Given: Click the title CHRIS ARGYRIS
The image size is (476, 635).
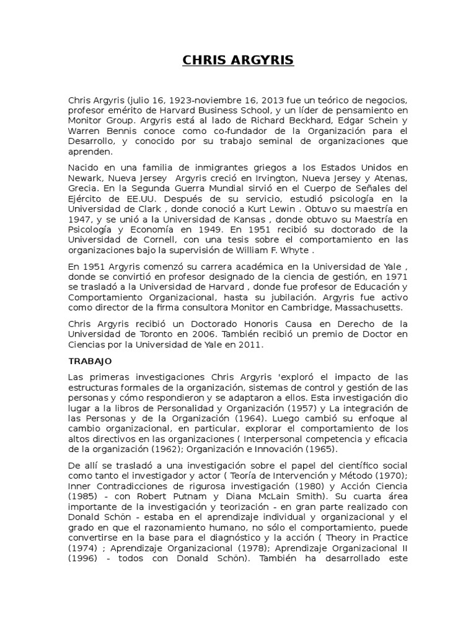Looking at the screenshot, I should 238,60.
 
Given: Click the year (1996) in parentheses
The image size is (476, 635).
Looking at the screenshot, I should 83,558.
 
